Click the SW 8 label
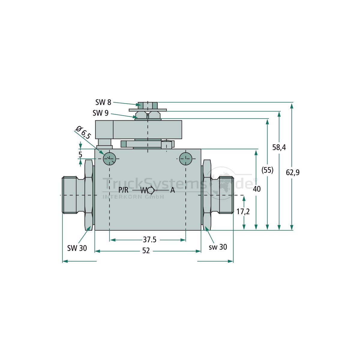(103, 102)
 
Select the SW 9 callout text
(100, 113)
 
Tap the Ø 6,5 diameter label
(83, 133)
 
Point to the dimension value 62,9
(293, 172)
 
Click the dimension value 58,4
(279, 147)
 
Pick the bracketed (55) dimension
(267, 170)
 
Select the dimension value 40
(256, 189)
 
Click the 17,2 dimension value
(243, 211)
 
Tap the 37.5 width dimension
(149, 240)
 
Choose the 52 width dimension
(146, 251)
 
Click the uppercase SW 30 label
(77, 248)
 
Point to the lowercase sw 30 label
(218, 247)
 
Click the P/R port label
(123, 190)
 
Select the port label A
(172, 190)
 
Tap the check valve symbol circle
(151, 190)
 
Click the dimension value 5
(80, 155)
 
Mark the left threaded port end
(69, 195)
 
